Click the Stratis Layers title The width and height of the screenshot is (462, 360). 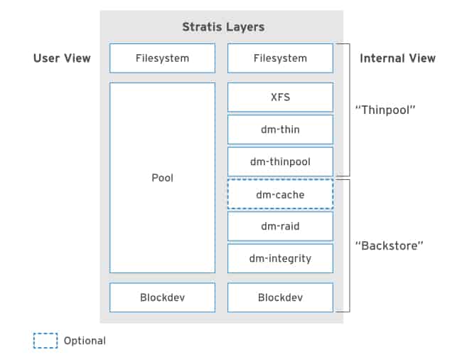pyautogui.click(x=223, y=27)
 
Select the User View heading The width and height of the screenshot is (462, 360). pyautogui.click(x=62, y=58)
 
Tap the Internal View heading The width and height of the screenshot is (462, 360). pyautogui.click(x=397, y=58)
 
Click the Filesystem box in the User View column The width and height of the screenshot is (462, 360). pyautogui.click(x=162, y=58)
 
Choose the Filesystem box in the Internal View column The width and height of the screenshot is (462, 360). pyautogui.click(x=280, y=58)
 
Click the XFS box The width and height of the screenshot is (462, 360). pyautogui.click(x=280, y=97)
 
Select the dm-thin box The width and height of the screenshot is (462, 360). pyautogui.click(x=280, y=129)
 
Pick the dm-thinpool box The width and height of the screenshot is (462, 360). pyautogui.click(x=280, y=162)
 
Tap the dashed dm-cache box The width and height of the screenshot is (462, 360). pyautogui.click(x=280, y=194)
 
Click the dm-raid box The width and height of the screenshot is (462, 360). pyautogui.click(x=280, y=226)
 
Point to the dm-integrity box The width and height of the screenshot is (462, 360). pyautogui.click(x=280, y=258)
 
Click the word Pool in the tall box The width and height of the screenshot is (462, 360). pyautogui.click(x=162, y=177)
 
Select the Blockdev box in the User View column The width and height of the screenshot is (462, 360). pyautogui.click(x=162, y=297)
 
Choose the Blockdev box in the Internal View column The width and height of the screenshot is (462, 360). pyautogui.click(x=280, y=297)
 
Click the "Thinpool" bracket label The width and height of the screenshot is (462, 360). pyautogui.click(x=385, y=110)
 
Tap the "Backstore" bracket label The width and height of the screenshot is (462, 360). pyautogui.click(x=389, y=245)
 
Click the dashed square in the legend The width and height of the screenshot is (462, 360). pyautogui.click(x=45, y=341)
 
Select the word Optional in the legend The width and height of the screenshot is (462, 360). pyautogui.click(x=85, y=341)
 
